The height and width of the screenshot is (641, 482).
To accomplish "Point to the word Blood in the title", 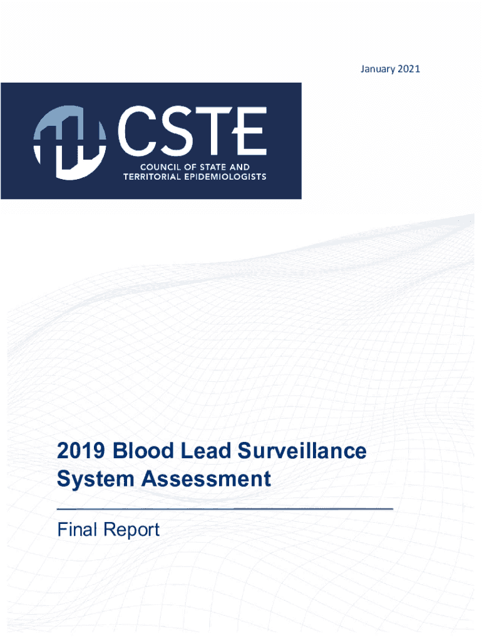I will [x=138, y=451].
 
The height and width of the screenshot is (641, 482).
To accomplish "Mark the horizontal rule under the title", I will [x=225, y=509].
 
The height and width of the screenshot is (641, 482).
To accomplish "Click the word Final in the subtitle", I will [x=76, y=530].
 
